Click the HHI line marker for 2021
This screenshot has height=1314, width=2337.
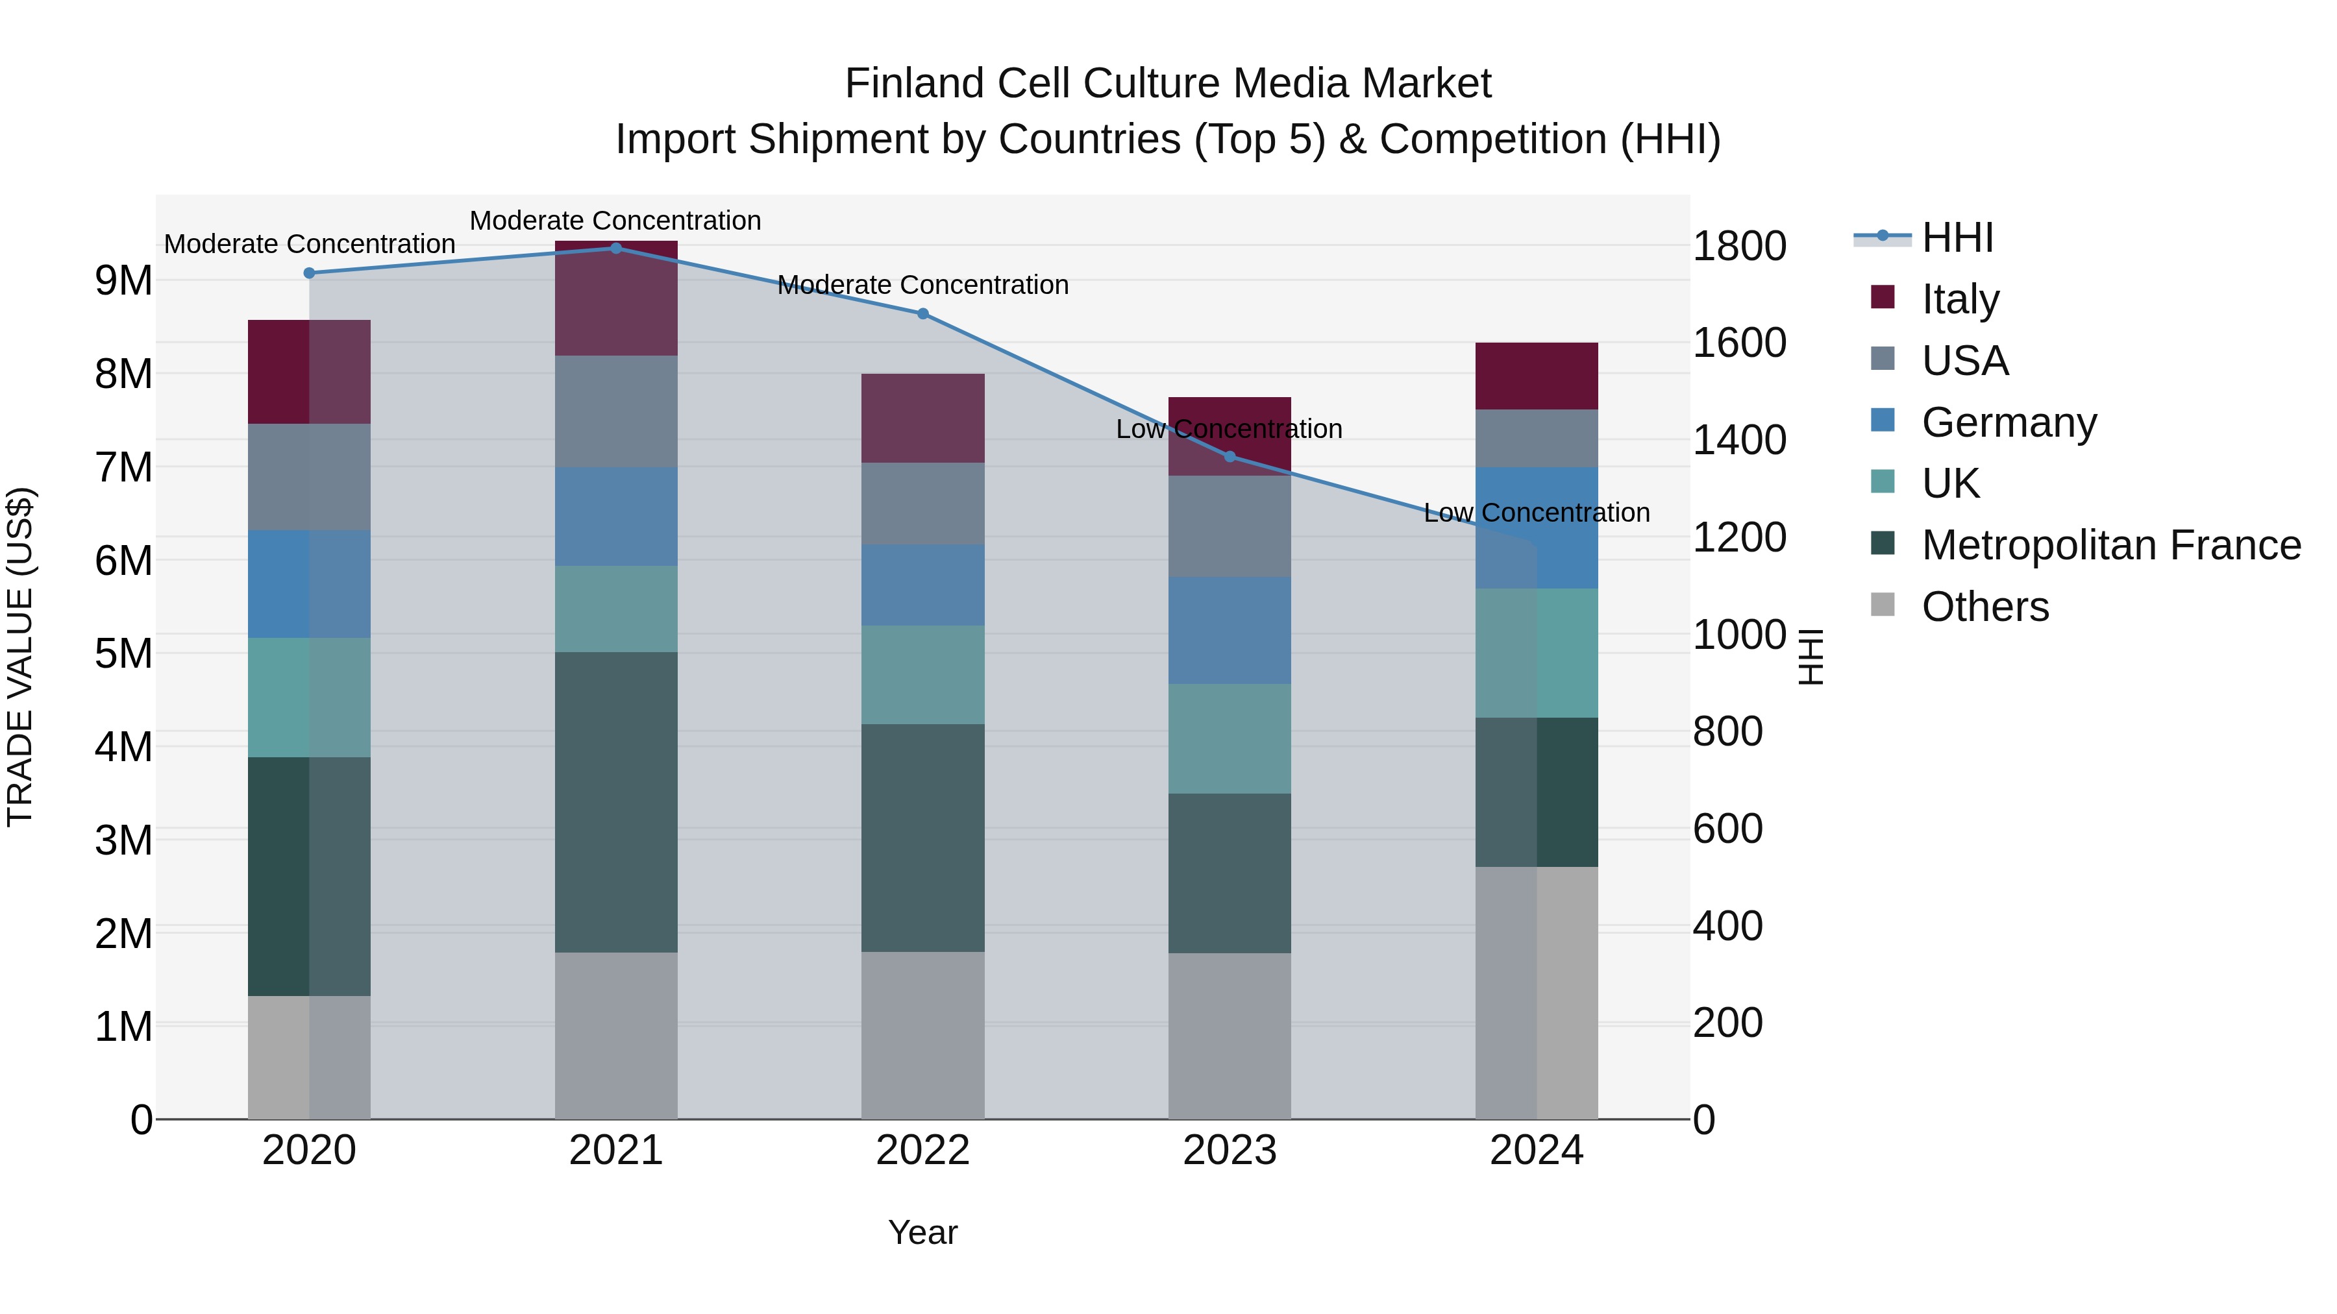616,249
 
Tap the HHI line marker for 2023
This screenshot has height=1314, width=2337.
1230,457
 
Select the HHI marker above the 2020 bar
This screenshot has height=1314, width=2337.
310,273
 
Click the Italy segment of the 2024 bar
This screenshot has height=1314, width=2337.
1537,376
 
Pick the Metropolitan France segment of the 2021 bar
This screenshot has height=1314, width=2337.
616,803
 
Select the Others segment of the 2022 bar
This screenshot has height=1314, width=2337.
922,1036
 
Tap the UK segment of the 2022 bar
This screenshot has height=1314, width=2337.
922,675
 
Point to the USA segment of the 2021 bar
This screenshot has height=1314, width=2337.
616,411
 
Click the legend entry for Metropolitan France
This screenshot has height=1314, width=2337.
2111,545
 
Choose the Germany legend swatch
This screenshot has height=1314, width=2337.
1883,420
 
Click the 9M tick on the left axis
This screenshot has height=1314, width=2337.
124,281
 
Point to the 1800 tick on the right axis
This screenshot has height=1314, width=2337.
1739,247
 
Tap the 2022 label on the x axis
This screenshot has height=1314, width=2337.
922,1150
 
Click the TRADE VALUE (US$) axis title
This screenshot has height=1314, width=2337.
21,657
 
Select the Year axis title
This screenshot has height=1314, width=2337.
922,1232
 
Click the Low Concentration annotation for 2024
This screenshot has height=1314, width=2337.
1537,513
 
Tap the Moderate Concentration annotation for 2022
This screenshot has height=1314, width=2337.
922,286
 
